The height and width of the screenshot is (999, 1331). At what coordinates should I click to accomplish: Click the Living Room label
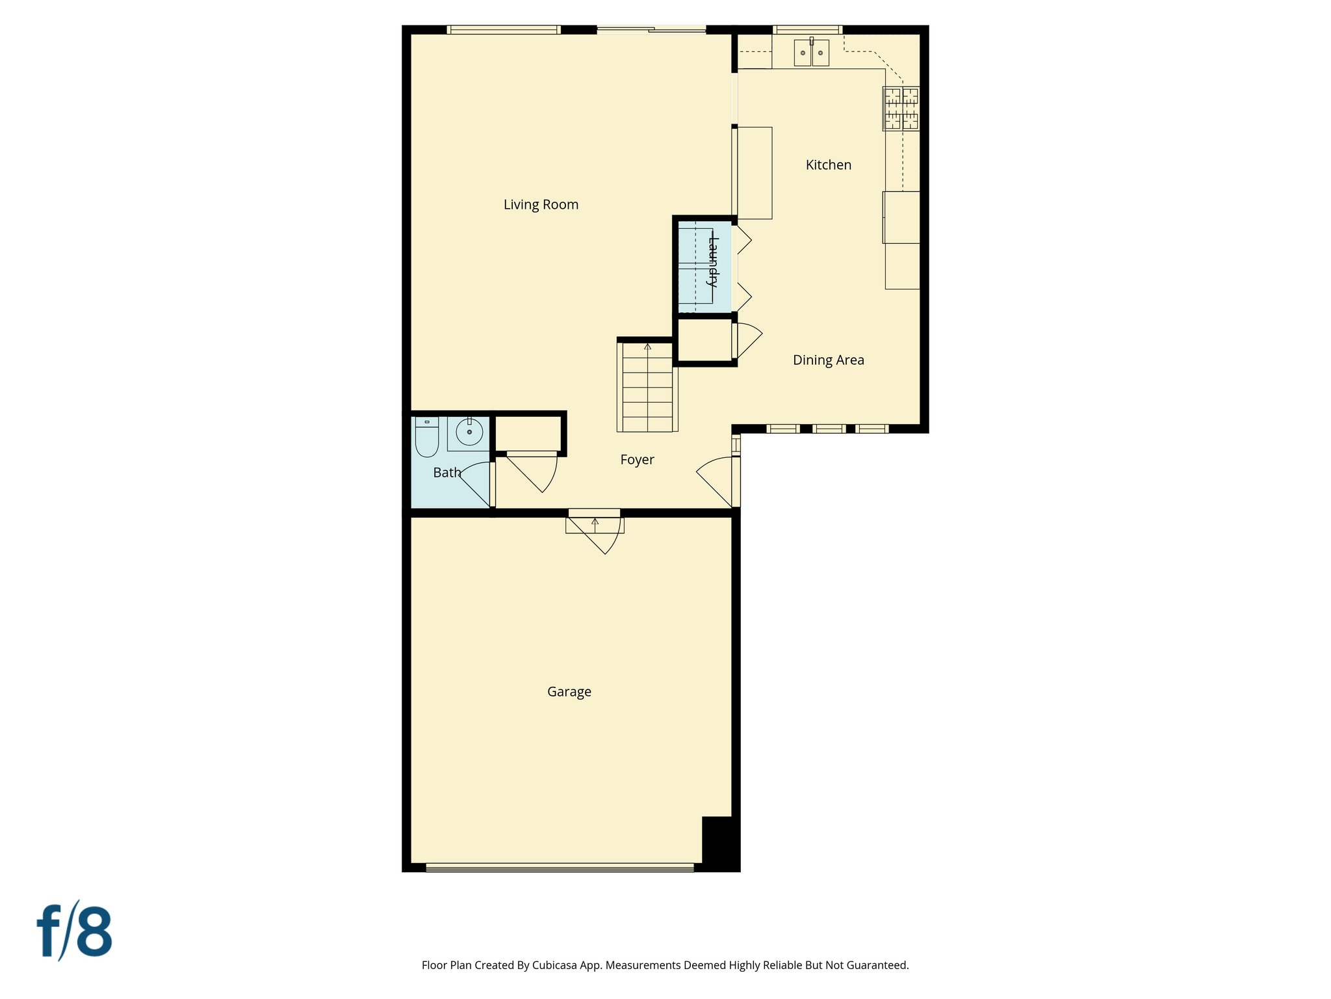[541, 204]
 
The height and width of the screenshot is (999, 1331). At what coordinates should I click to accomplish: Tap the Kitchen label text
[828, 165]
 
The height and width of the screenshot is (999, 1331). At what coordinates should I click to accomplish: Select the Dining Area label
[828, 360]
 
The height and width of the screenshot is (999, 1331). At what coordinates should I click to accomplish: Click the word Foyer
[637, 460]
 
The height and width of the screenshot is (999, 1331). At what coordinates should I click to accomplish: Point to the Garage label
[569, 692]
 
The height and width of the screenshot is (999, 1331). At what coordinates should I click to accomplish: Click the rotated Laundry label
[713, 263]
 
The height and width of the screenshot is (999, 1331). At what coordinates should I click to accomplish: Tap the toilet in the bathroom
[427, 437]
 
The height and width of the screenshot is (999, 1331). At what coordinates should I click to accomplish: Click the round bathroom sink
[469, 432]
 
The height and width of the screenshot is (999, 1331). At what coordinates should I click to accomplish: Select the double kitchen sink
[811, 53]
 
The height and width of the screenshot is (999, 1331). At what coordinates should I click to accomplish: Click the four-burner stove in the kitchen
[901, 109]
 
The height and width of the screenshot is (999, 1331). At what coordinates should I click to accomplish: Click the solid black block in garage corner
[719, 843]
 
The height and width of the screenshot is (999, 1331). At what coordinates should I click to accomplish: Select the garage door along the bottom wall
[560, 867]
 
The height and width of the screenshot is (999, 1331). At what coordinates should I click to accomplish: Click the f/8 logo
[74, 931]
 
